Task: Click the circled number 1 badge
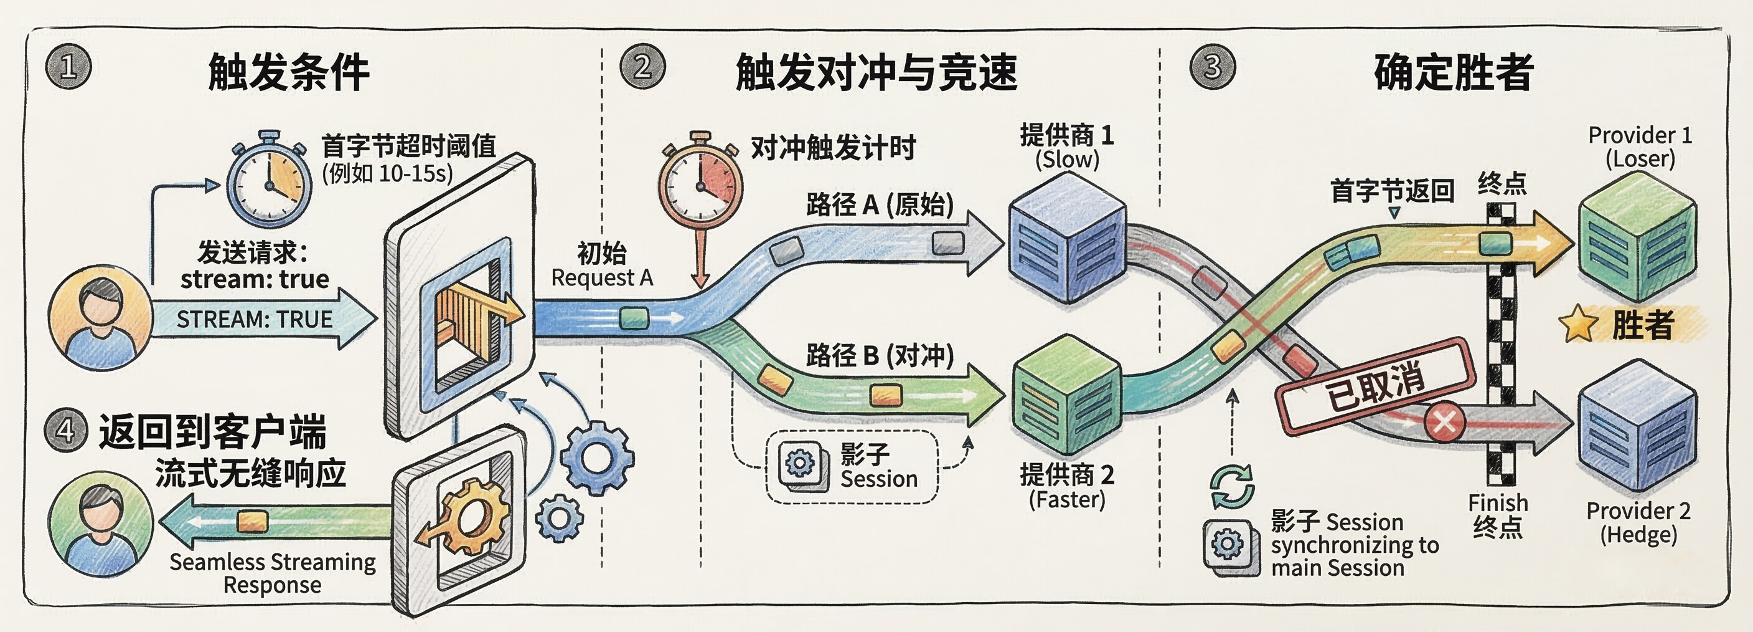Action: tap(68, 67)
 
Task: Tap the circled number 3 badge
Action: tap(1213, 67)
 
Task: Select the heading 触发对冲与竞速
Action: tap(876, 72)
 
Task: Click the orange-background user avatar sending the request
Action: tap(101, 318)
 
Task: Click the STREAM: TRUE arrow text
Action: tap(255, 319)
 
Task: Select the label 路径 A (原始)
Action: tap(879, 204)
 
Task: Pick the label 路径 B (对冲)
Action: tap(879, 355)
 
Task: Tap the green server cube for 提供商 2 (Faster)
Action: tap(1067, 395)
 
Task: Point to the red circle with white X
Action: tap(1445, 421)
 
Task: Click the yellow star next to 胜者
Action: tap(1578, 324)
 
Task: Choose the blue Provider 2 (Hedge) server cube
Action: tap(1637, 426)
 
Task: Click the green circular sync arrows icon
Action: tap(1233, 486)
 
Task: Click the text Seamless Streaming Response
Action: tap(272, 573)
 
